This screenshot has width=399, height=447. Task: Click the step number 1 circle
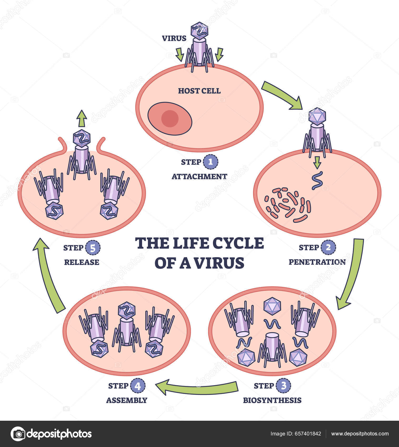click(211, 162)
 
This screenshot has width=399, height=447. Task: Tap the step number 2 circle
click(328, 247)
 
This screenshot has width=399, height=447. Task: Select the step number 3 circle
click(283, 386)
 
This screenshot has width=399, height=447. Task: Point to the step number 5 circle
click(93, 248)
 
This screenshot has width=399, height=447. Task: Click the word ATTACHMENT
click(199, 176)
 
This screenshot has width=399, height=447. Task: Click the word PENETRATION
click(317, 262)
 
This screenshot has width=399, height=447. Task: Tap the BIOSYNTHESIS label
click(272, 400)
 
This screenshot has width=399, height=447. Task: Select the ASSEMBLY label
click(127, 400)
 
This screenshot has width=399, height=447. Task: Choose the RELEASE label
click(82, 262)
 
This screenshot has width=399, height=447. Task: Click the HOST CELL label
click(199, 91)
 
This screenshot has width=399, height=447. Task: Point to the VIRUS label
click(174, 38)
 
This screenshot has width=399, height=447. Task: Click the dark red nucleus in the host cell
click(170, 119)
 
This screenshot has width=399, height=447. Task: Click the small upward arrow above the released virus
click(82, 119)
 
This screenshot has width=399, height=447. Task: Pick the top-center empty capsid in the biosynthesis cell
click(272, 306)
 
